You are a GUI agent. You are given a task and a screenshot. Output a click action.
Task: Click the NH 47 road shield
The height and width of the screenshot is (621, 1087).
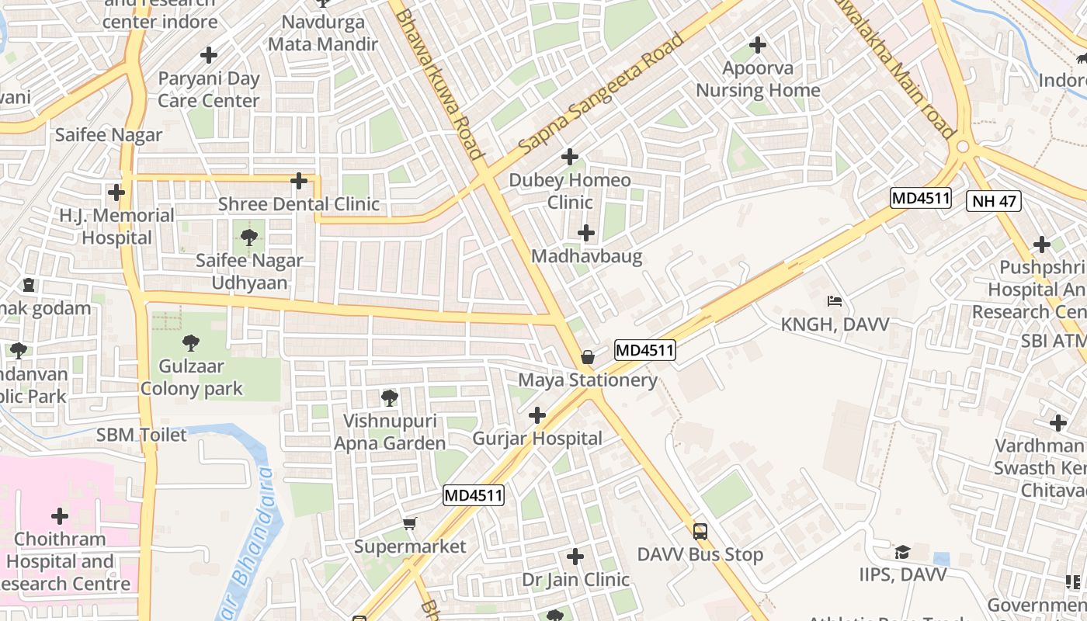[994, 202]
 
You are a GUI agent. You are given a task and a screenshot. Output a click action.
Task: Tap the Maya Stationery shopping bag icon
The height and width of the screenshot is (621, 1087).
[588, 357]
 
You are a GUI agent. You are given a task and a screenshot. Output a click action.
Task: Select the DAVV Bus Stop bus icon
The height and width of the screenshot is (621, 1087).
[700, 532]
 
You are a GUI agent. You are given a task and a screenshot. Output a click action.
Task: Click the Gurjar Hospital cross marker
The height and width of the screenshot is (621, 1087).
[537, 415]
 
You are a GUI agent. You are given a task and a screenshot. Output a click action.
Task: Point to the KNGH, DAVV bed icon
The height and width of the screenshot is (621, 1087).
[835, 300]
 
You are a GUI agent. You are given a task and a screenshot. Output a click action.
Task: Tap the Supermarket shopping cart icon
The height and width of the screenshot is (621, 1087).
[410, 524]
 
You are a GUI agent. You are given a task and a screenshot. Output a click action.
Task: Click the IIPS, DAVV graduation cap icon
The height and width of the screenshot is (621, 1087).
[902, 552]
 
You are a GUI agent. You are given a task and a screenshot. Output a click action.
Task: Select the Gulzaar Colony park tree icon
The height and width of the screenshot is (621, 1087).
[190, 342]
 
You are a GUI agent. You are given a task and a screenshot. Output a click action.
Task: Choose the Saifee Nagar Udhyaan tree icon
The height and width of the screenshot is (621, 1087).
[249, 237]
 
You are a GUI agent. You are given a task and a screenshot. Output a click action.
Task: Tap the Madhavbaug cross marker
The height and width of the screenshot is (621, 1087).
[586, 233]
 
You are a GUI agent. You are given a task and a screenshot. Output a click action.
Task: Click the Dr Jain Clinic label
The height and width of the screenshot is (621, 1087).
[575, 580]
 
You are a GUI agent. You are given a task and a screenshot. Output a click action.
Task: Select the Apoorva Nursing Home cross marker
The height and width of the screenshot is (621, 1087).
[758, 45]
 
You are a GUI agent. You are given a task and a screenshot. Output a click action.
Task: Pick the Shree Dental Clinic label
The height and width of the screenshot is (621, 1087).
[299, 204]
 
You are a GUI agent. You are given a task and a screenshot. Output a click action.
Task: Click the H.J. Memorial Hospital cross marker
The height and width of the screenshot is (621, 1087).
[116, 192]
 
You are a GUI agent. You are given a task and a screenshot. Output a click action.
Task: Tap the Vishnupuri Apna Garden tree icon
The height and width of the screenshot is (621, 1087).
[390, 398]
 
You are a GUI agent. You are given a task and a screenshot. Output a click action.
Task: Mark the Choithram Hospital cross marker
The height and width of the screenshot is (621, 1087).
[60, 516]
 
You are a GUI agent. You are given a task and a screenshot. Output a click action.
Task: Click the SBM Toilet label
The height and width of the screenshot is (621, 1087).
[142, 435]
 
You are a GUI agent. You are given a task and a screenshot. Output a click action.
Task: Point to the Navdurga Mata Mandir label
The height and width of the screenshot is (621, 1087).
[323, 33]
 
